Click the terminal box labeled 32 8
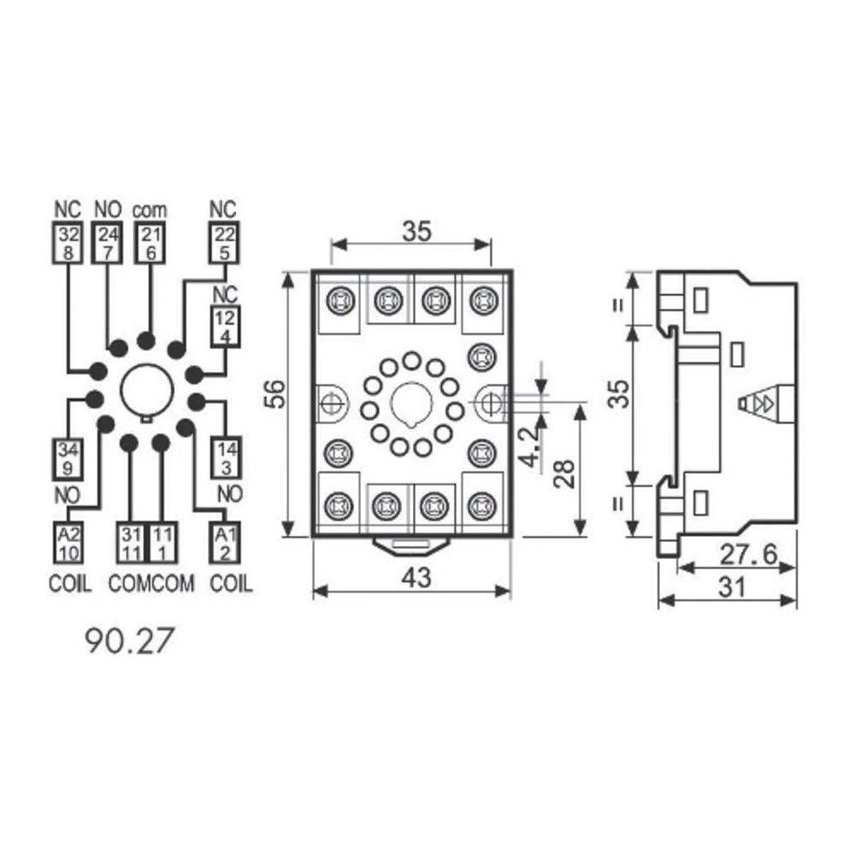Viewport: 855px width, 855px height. coord(68,244)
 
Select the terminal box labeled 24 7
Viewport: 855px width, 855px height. coord(107,244)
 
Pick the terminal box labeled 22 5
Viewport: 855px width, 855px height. coord(224,244)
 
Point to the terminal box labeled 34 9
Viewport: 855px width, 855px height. coord(68,458)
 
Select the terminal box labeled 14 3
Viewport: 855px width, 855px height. coord(224,458)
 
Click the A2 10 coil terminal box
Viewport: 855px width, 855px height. coord(68,543)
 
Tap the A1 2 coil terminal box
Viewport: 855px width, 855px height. coord(224,543)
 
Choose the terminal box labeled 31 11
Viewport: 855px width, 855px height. coord(129,543)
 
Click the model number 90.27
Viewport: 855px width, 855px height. coord(123,640)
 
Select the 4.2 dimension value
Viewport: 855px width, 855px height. coord(532,446)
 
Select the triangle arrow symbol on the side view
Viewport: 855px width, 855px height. coord(760,403)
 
